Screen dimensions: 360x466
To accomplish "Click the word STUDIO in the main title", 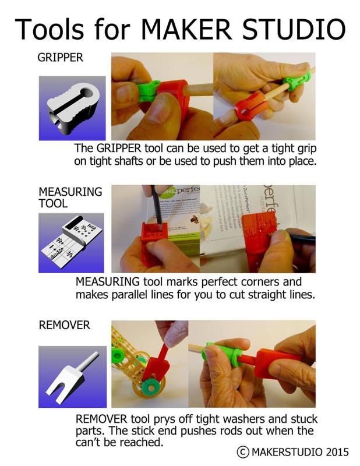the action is (x=294, y=29).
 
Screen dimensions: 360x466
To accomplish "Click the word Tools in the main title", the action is (x=50, y=29).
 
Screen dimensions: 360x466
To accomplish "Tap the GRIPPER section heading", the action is (x=61, y=57).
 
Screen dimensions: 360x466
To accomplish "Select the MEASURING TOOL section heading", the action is (x=70, y=197).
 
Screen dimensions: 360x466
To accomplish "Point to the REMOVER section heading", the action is (x=65, y=325).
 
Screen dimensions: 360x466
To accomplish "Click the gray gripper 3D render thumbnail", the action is (x=73, y=109).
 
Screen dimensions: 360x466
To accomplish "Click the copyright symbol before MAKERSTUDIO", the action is (x=242, y=452).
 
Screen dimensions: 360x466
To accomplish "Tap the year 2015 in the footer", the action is (x=337, y=452).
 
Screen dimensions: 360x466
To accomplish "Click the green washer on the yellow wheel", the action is (x=151, y=388).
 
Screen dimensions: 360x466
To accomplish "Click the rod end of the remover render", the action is (x=96, y=354).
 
